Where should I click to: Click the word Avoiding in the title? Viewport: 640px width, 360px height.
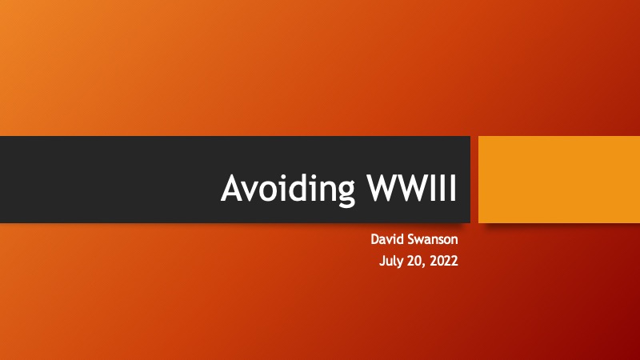pos(288,189)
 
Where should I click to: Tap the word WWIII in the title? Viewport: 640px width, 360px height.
pos(411,188)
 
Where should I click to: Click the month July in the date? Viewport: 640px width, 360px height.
pos(391,262)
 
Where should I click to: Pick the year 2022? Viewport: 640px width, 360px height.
pos(444,261)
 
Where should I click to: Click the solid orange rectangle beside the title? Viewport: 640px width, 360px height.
pos(559,179)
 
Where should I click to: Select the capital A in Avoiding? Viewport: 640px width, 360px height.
pos(234,188)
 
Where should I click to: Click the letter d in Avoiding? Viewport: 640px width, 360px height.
pos(302,187)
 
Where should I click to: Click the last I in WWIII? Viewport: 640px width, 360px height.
pos(454,188)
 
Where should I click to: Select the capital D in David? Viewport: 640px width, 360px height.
pos(375,239)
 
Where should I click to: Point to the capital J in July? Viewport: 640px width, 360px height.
pos(382,262)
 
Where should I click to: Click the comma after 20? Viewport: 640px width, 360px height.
pos(424,266)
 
